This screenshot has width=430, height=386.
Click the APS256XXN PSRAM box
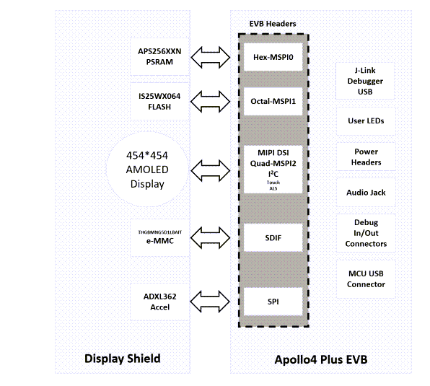[x=160, y=57]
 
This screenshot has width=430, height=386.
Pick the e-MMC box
[x=160, y=237]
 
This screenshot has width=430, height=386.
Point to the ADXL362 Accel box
[x=160, y=302]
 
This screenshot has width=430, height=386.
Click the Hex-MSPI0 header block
[x=272, y=56]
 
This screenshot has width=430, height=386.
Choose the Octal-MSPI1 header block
[x=272, y=102]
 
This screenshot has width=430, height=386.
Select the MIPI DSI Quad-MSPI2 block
[x=272, y=170]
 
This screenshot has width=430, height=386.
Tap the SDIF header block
[x=272, y=237]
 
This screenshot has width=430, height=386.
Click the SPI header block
[x=272, y=302]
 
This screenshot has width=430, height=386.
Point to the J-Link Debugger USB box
[x=365, y=82]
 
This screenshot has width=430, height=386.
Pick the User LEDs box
[x=365, y=120]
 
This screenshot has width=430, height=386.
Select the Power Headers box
[x=365, y=157]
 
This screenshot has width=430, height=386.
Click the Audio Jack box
[x=365, y=193]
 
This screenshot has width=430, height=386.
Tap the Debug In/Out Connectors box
[x=365, y=233]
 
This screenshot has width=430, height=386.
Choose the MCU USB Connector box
[x=365, y=279]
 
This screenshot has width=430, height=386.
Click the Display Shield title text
[x=123, y=359]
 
